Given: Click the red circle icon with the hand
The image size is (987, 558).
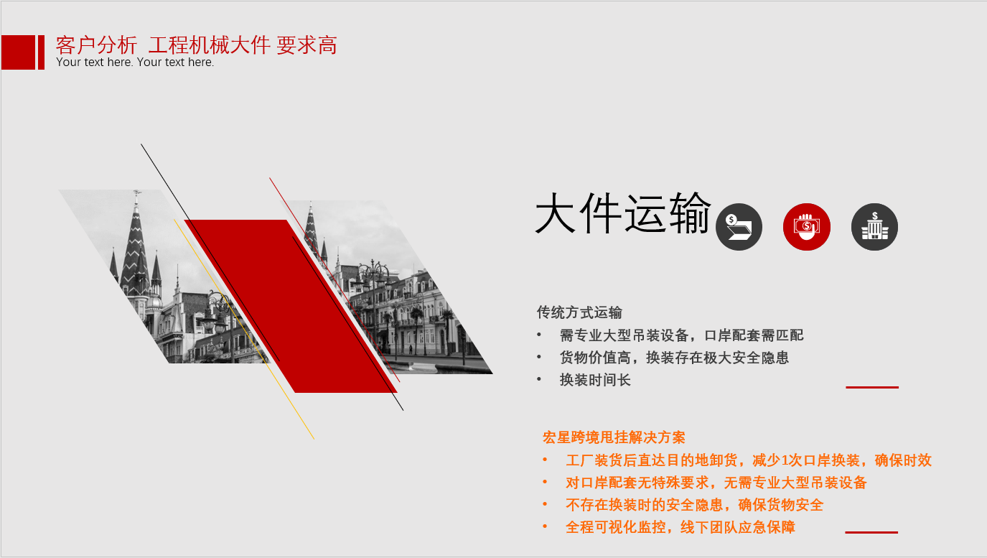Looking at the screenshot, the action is click(806, 226).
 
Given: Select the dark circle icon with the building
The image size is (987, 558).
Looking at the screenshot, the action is click(874, 226).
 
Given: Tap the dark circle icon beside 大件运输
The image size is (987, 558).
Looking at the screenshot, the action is click(739, 226).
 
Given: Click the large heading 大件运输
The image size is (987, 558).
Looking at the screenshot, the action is click(622, 213).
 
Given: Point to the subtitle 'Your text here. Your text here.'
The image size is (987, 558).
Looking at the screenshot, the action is click(135, 62).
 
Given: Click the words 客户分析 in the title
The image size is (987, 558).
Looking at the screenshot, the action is click(96, 45).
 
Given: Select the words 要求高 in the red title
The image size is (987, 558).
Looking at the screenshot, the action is click(307, 45).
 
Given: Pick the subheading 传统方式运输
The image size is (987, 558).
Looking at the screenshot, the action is click(579, 312).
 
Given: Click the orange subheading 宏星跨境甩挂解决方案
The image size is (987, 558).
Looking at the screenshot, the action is click(614, 437).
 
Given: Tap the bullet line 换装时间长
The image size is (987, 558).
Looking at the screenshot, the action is click(595, 379).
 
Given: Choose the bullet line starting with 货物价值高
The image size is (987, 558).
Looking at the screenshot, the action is click(674, 358).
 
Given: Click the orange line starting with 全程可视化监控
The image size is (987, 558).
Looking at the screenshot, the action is click(680, 527).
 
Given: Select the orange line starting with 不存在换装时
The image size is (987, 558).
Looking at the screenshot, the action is click(694, 505).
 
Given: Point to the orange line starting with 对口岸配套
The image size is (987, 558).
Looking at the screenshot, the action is click(716, 483).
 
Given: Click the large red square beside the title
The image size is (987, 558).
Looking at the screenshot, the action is click(18, 52).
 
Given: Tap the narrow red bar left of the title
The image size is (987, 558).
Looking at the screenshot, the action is click(41, 52).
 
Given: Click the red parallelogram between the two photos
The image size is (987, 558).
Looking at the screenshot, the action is click(291, 306).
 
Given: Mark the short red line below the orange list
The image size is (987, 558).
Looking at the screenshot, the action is click(871, 532).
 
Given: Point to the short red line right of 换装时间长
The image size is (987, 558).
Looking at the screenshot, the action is click(872, 387).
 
